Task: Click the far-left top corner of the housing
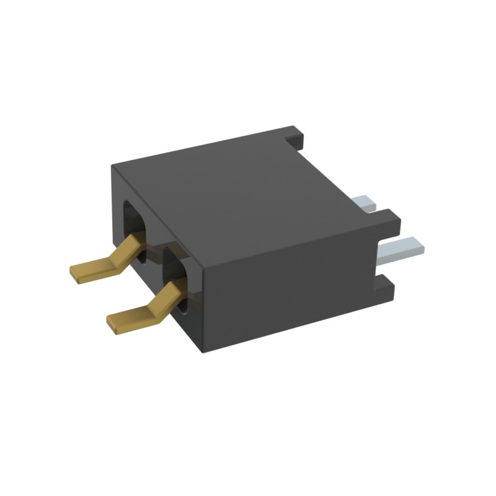click(x=112, y=165)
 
